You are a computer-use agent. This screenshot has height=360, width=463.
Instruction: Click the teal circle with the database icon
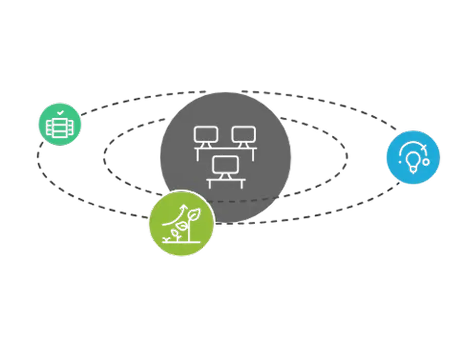point(60,124)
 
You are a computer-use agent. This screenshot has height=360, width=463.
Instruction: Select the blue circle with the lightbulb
point(413,156)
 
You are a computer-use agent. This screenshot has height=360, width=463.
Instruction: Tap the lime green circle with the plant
point(181,224)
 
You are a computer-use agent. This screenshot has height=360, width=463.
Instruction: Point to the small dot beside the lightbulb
point(426,161)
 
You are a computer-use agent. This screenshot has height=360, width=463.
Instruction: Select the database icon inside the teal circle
point(60,126)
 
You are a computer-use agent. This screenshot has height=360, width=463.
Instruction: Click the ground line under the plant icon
point(181,241)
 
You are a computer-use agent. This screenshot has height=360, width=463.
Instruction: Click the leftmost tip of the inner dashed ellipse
point(104,153)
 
